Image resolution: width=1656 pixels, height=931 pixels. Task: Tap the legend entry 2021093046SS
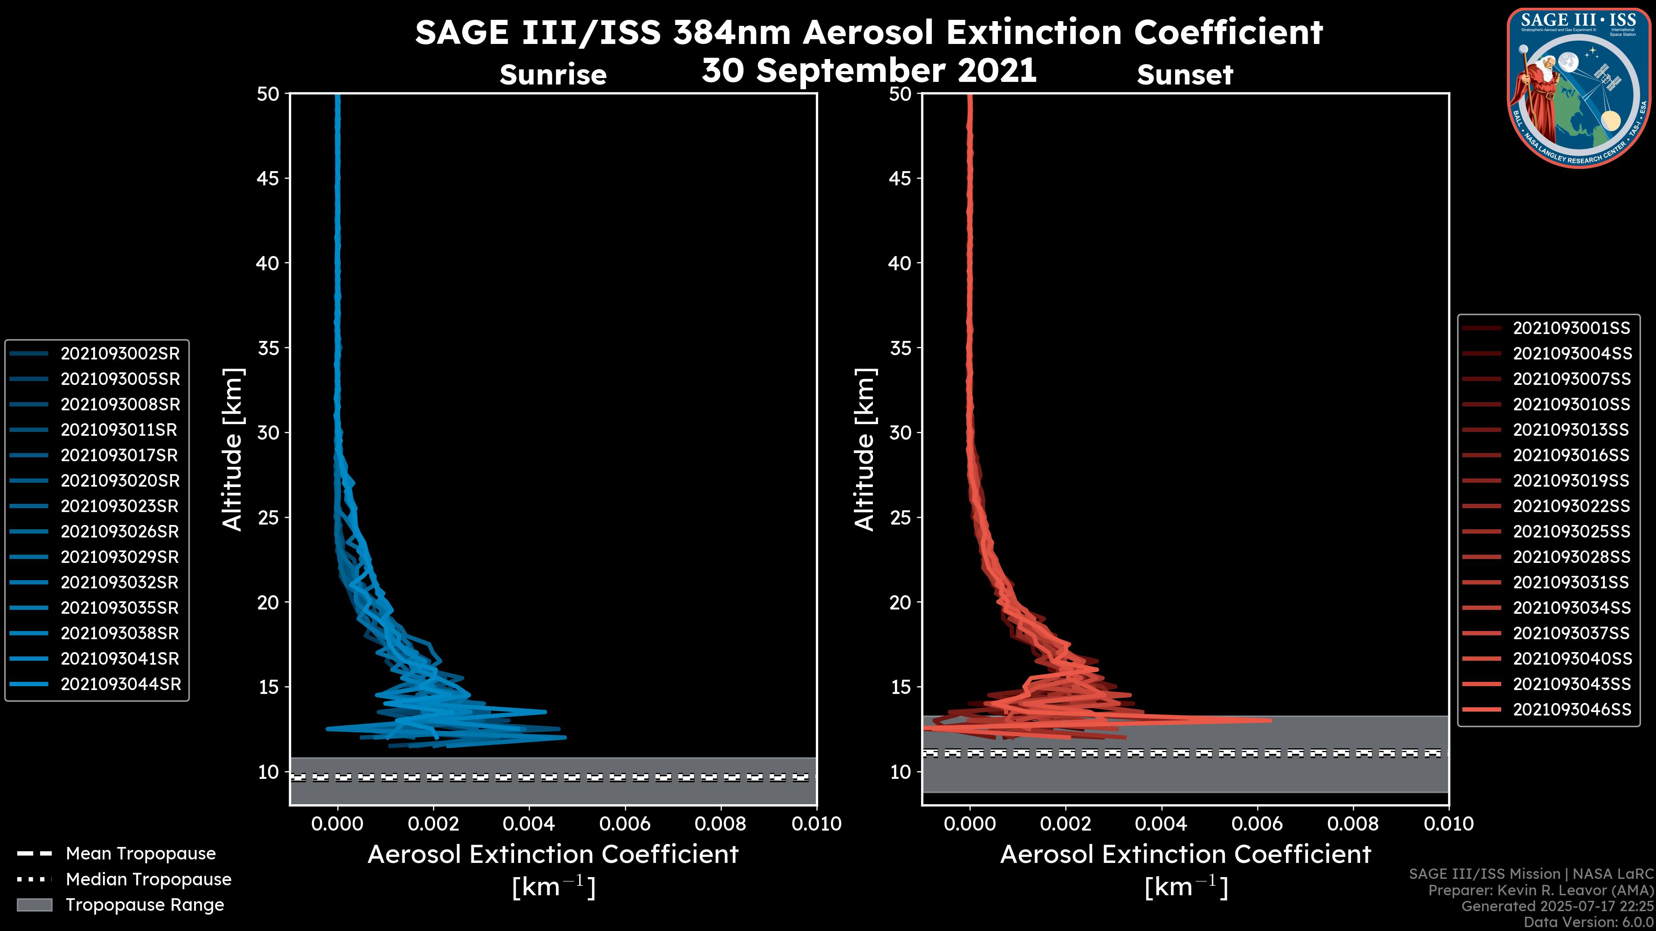(1572, 709)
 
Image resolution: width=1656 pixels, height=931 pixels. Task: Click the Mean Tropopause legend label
(141, 853)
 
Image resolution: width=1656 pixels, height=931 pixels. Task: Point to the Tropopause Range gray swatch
(34, 905)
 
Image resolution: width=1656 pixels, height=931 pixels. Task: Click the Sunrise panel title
(553, 75)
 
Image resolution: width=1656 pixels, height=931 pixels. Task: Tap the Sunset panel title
(1185, 75)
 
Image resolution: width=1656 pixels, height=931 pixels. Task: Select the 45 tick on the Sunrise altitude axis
(268, 178)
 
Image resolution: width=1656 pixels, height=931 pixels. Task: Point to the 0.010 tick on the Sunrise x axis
(816, 824)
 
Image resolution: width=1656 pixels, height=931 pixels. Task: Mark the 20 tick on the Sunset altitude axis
(900, 603)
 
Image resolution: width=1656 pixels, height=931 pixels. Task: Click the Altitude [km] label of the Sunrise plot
(233, 450)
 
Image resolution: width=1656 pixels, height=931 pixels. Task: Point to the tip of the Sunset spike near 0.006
(1270, 720)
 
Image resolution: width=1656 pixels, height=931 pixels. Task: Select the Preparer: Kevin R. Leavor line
(1540, 890)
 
